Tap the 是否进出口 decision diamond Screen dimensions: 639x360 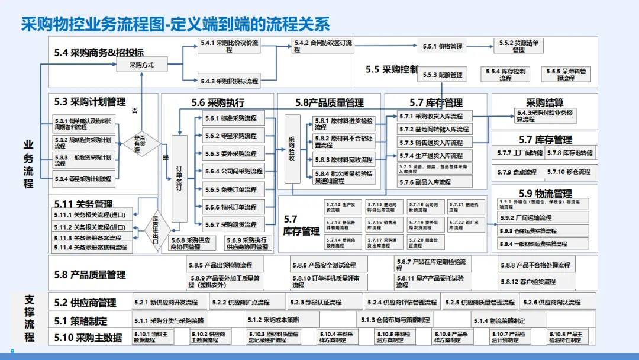click(157, 226)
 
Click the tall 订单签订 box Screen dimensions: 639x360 click(179, 178)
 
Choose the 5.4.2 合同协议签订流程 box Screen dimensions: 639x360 click(323, 46)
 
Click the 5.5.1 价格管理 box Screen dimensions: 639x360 click(442, 46)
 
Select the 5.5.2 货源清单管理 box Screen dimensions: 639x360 click(518, 46)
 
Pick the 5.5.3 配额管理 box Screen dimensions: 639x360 click(442, 75)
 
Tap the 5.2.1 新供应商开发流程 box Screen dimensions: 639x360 click(169, 303)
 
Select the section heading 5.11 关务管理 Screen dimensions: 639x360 click(83, 204)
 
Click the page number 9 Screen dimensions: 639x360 click(12, 351)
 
